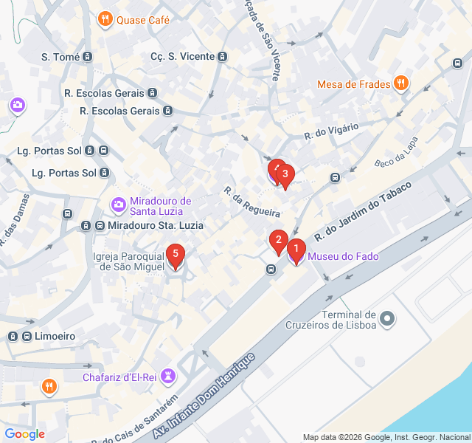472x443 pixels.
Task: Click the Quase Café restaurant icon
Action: [105, 20]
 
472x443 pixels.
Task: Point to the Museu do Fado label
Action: [343, 257]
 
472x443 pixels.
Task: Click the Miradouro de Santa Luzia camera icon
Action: [118, 204]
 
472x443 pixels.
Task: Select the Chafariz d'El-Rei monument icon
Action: [170, 377]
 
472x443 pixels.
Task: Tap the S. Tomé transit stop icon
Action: [88, 57]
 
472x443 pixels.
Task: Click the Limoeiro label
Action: [55, 336]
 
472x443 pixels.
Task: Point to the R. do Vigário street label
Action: [331, 131]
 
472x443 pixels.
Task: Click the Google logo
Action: [24, 434]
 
